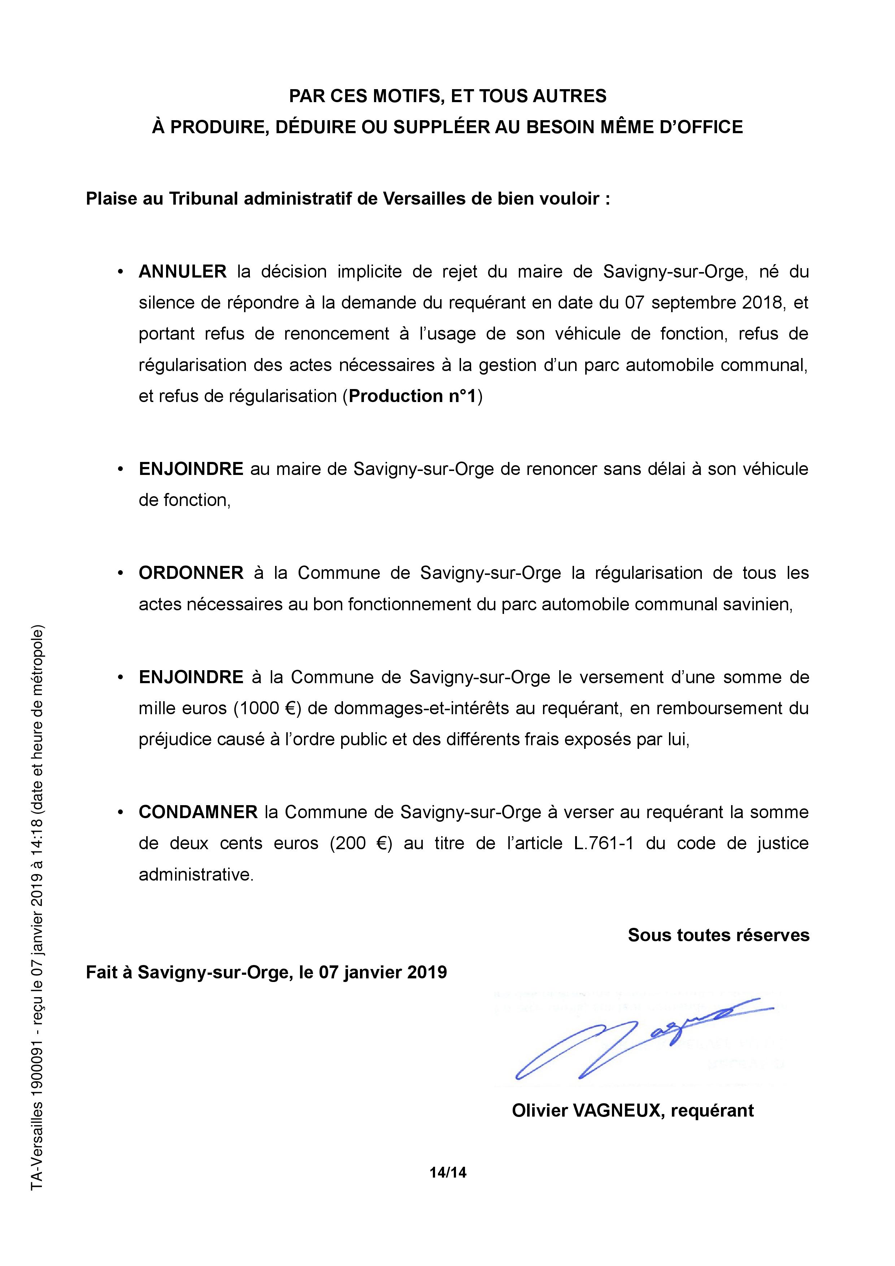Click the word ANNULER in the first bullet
(183, 271)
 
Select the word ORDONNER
(191, 573)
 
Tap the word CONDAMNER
(198, 812)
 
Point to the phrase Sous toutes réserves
(718, 935)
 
